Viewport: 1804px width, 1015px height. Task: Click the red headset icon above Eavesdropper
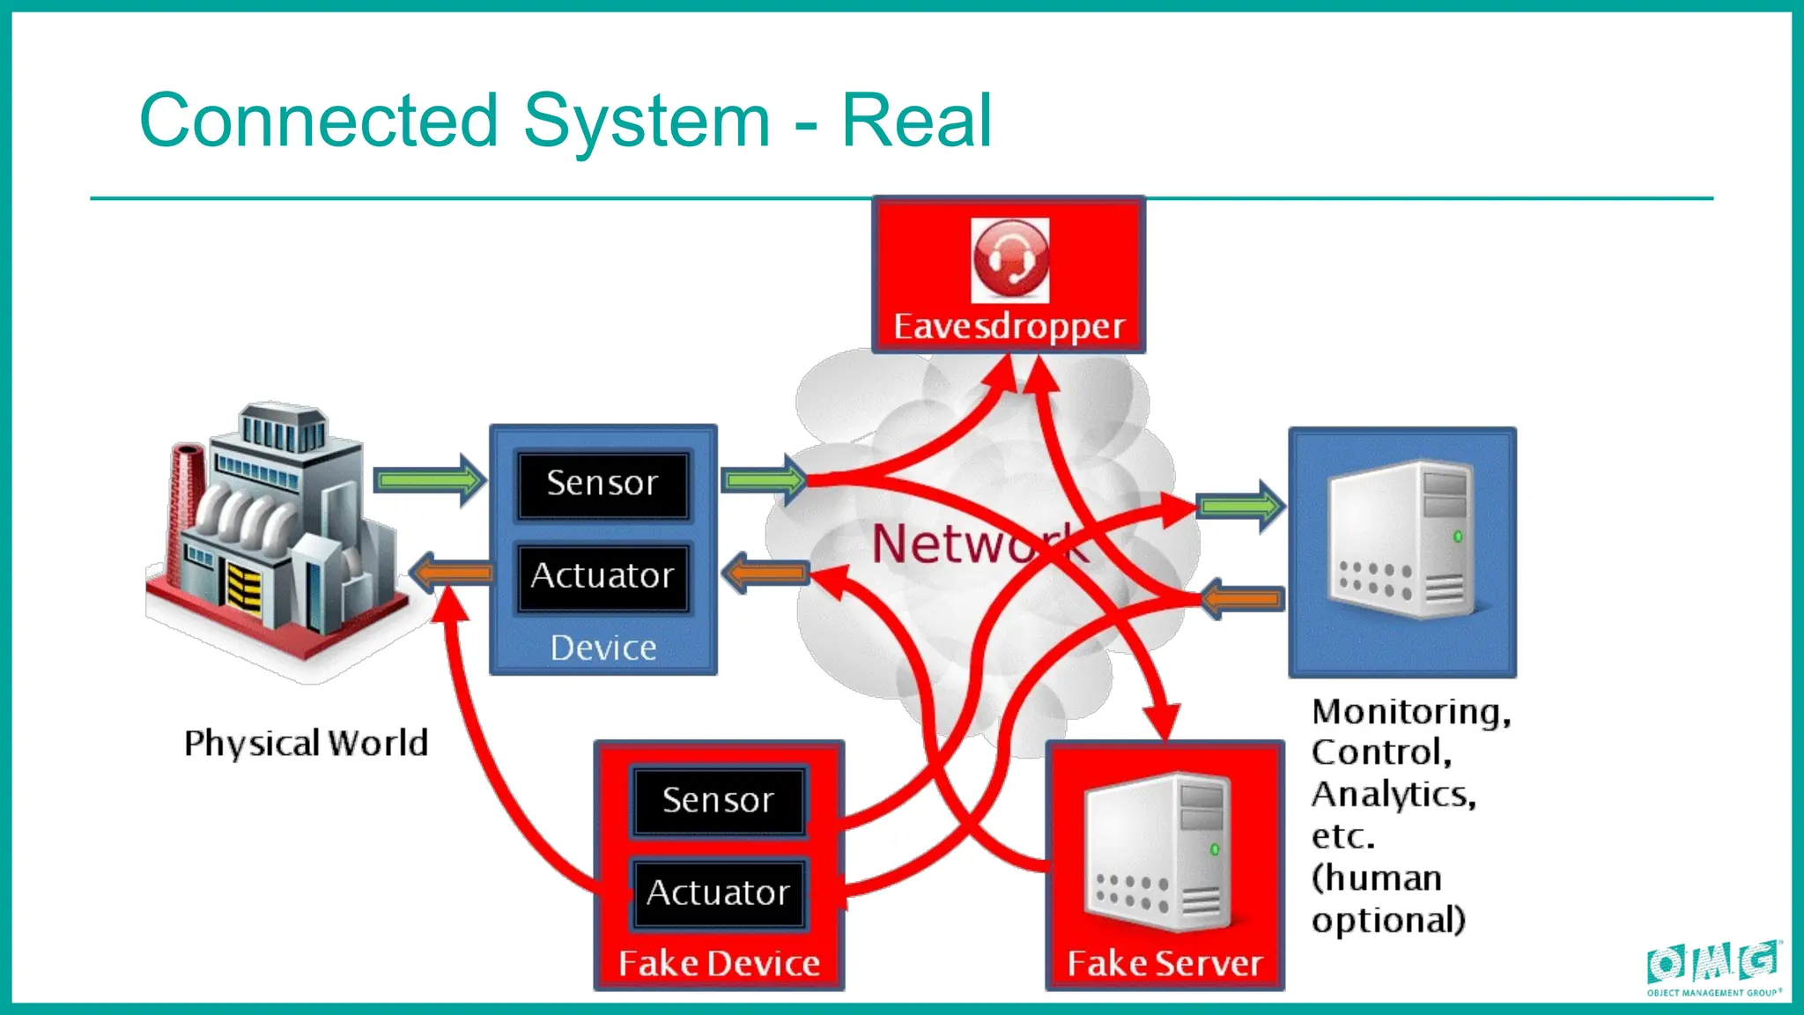point(1009,261)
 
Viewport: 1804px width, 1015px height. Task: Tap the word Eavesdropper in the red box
point(1009,326)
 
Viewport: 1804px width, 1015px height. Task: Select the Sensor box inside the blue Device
point(603,484)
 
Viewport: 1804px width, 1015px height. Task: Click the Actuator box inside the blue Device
point(603,576)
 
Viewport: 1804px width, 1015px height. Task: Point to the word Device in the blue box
point(603,648)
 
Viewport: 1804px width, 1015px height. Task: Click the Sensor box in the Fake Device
point(718,801)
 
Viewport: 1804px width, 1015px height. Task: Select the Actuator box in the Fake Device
point(718,893)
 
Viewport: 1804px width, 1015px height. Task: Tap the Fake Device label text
point(719,964)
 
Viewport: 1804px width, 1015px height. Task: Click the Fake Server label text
point(1164,964)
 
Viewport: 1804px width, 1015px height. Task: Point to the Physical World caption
point(306,744)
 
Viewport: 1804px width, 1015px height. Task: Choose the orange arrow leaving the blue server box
point(1242,599)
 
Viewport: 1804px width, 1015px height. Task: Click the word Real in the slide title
point(916,121)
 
